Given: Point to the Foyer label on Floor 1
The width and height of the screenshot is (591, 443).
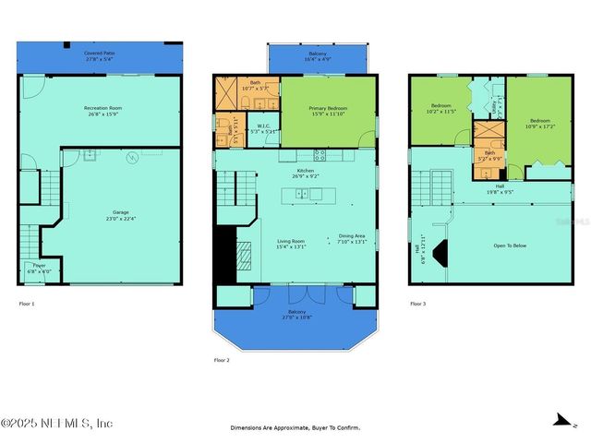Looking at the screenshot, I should pos(40,268).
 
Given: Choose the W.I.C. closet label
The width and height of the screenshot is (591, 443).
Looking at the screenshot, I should pos(263,129).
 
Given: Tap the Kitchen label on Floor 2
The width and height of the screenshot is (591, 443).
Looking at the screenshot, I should pos(306,173).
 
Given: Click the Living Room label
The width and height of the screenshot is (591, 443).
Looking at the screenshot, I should pos(291,243).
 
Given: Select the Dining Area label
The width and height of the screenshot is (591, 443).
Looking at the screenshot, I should pos(352,238).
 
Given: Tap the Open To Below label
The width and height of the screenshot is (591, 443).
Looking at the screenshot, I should pos(511,245).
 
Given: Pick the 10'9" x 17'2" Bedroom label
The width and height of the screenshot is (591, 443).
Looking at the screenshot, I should pos(539,124).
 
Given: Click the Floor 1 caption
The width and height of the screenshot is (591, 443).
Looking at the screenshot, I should pos(27,304).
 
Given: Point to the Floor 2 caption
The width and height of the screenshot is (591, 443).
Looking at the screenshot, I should pos(222,360).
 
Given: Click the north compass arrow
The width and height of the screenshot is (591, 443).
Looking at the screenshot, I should pos(560,421).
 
